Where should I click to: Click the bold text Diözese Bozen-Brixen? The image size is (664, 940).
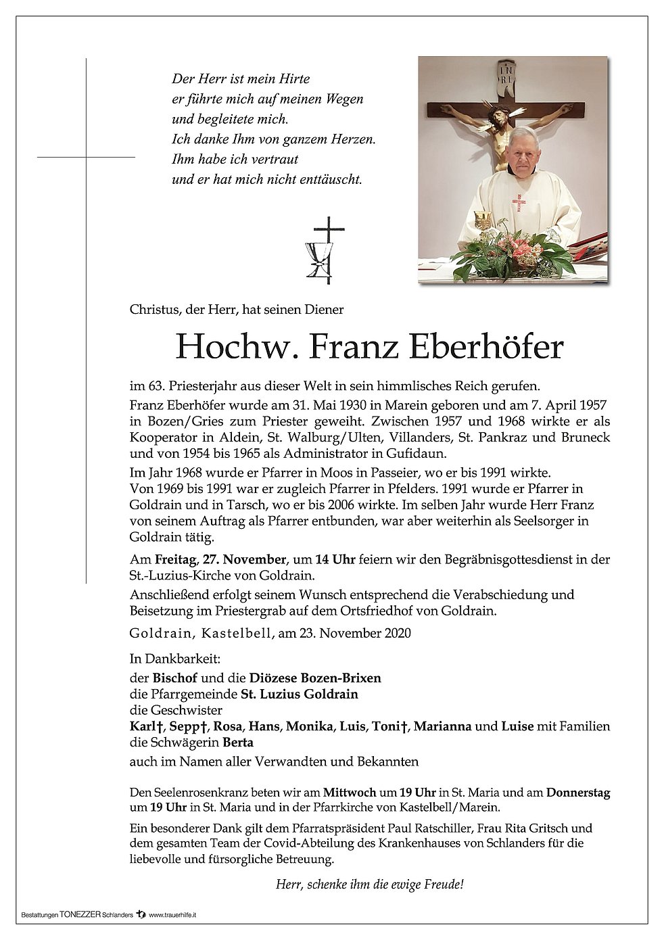click(x=315, y=678)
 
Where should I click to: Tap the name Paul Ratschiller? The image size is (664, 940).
click(x=463, y=828)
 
